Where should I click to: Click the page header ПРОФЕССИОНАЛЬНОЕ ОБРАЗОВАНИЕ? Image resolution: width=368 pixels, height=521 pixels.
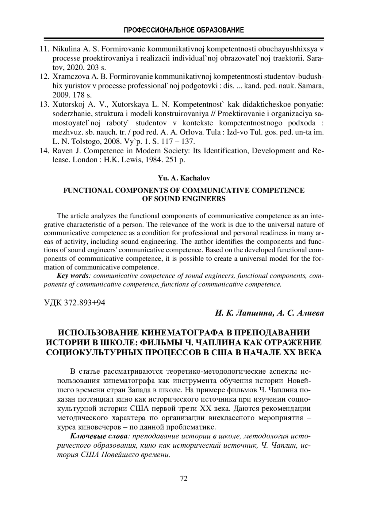pos(184,30)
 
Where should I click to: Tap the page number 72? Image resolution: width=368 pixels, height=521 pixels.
pos(184,478)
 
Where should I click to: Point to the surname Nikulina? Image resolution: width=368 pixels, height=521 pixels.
pos(66,49)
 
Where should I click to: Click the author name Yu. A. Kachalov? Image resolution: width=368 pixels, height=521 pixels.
pos(184,178)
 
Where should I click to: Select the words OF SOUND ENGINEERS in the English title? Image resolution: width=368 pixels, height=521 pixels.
pos(184,199)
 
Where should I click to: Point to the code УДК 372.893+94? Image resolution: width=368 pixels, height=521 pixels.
pos(75,303)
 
